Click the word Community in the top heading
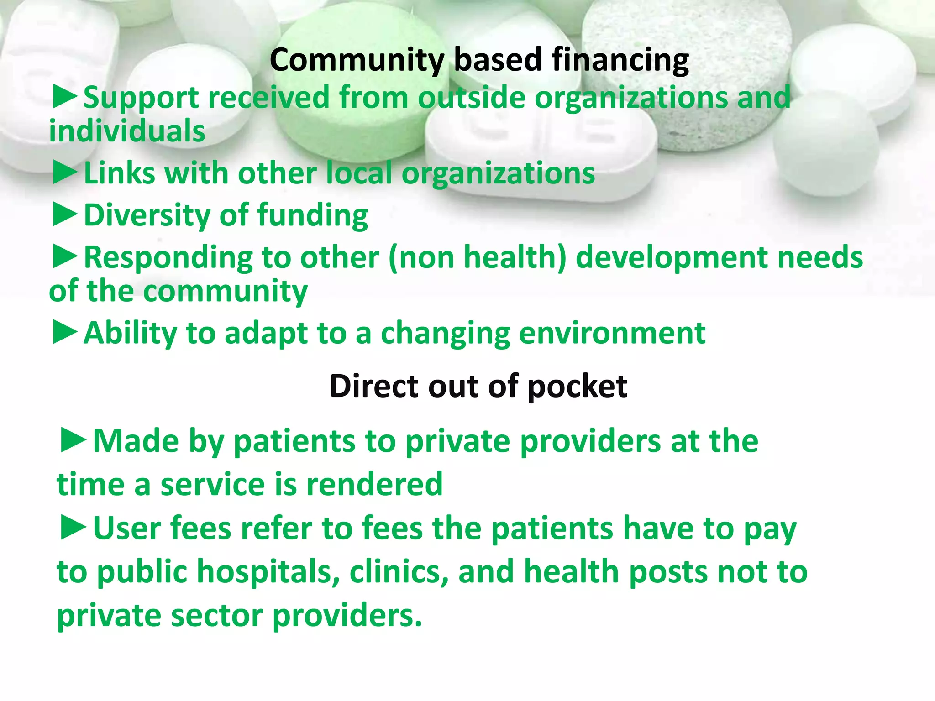click(357, 61)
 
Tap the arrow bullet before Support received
click(65, 98)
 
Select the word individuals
click(127, 131)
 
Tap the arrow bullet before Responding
click(65, 257)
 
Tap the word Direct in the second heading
click(374, 386)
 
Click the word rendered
click(374, 484)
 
